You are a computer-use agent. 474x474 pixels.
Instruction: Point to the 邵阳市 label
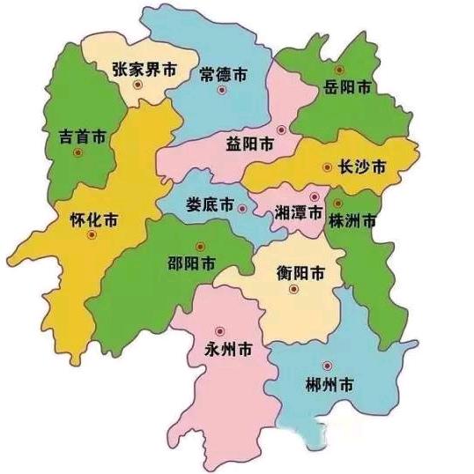point(192,263)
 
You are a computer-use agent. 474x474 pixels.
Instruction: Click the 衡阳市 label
point(295,272)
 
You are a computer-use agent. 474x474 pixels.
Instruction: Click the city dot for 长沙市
point(328,166)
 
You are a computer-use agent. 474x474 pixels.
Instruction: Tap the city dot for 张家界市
point(136,85)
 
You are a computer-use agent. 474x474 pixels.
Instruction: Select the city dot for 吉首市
point(78,153)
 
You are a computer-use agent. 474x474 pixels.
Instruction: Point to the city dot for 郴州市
point(328,366)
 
